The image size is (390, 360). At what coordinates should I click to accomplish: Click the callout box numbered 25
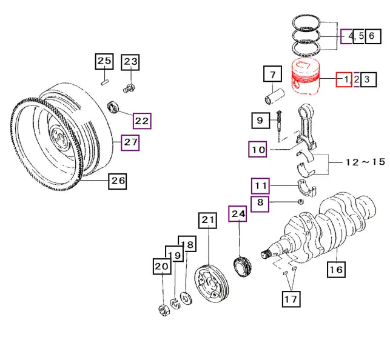tap(104, 61)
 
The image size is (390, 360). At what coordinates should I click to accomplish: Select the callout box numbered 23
tap(130, 62)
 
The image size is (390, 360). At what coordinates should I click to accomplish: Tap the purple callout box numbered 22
tap(142, 121)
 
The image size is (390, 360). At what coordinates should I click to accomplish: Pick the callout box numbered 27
tap(130, 142)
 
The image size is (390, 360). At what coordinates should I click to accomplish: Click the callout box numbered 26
tap(118, 181)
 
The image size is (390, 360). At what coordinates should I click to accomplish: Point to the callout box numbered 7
tap(272, 74)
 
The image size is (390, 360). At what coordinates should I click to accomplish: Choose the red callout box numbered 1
tap(344, 80)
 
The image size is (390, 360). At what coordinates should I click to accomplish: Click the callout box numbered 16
tap(336, 269)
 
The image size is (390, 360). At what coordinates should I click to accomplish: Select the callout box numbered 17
tap(291, 299)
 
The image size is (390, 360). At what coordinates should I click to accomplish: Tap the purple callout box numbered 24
tap(238, 214)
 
